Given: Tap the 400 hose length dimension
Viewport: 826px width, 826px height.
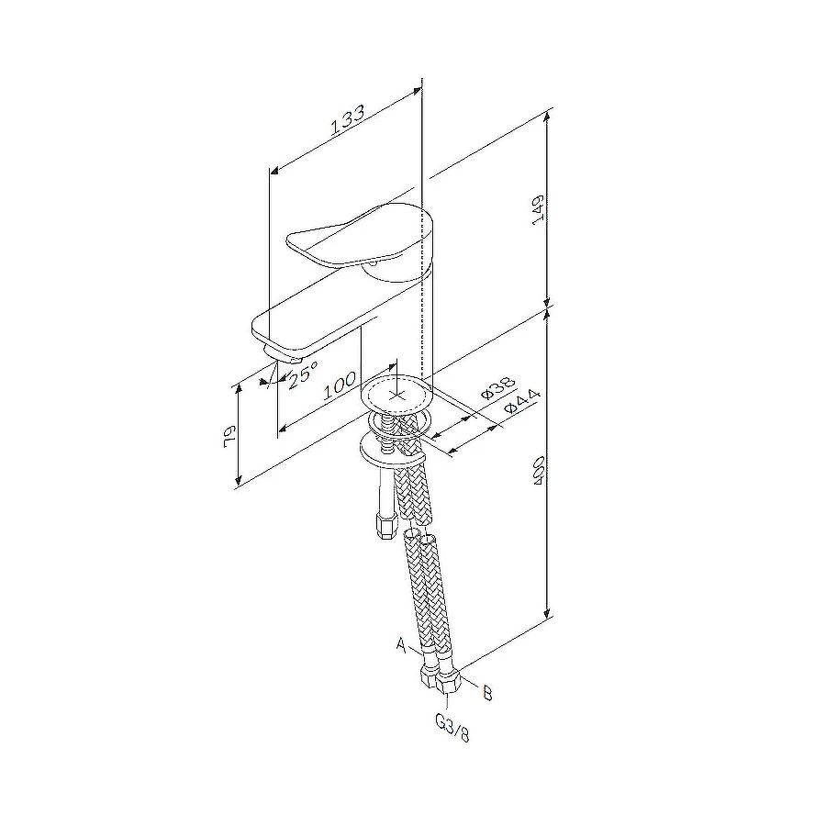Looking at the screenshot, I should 540,470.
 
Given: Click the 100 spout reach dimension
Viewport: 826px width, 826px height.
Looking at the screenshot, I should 340,385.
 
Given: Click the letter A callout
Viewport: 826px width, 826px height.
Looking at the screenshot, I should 401,645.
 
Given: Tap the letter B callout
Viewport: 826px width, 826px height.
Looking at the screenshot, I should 486,693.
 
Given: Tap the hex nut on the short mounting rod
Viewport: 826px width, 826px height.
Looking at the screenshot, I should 385,527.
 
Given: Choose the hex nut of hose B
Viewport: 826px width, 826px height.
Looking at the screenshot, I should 450,684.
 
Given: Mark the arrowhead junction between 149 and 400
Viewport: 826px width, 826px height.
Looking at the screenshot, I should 548,307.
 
